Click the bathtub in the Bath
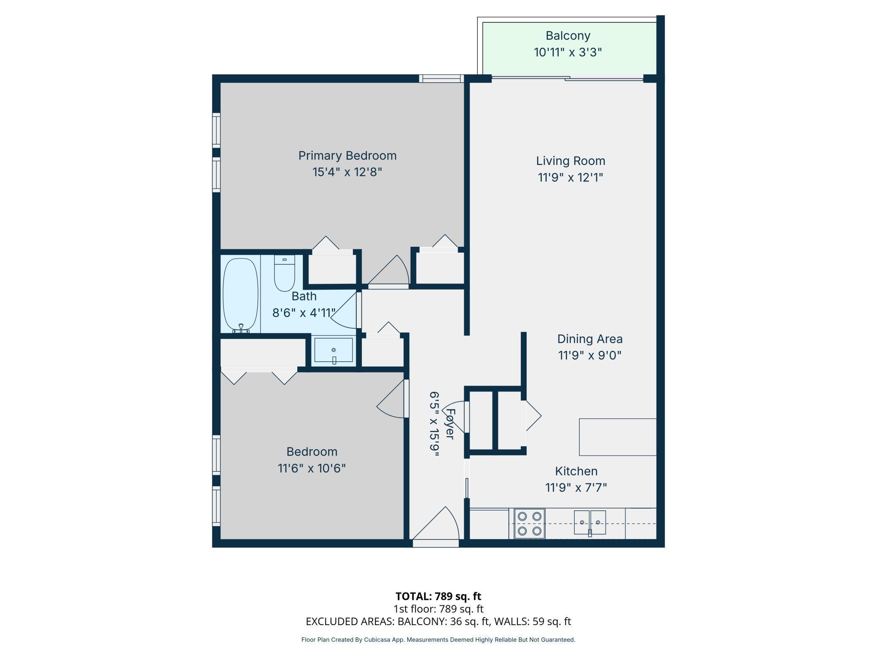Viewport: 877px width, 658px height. coord(240,295)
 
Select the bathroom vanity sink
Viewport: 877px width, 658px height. coord(334,350)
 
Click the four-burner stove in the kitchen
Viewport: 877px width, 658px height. coord(530,523)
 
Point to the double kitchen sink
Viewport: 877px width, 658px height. coord(590,523)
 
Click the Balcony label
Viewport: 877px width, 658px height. coord(568,36)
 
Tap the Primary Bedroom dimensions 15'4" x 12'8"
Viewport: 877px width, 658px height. coord(347,173)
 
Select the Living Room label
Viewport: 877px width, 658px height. coord(570,161)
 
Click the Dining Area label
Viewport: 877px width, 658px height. coord(590,339)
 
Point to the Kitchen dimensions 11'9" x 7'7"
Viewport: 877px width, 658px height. coord(576,488)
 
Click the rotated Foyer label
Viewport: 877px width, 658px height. coord(450,424)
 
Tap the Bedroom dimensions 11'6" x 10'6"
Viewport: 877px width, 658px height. coord(312,468)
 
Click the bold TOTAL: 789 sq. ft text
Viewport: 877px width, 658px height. coord(438,596)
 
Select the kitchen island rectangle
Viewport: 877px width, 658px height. coord(618,437)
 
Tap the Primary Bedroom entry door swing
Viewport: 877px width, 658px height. coord(388,270)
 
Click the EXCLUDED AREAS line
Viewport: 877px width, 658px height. coord(438,621)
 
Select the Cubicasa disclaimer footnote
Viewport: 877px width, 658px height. coord(438,640)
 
